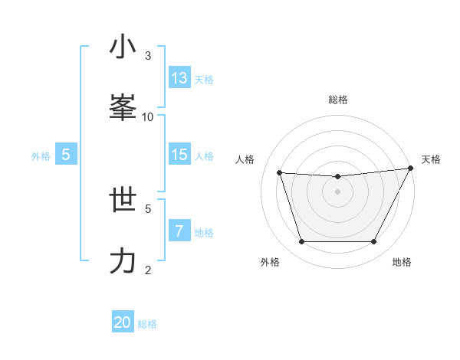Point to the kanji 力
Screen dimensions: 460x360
[123, 261]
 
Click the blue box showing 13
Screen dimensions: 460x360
[179, 78]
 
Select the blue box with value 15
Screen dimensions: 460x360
[179, 155]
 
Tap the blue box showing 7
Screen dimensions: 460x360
[179, 231]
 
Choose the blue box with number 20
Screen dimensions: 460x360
[123, 323]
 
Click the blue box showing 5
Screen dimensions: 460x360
[66, 155]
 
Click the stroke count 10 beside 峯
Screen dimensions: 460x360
[148, 116]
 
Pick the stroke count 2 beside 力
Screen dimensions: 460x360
[148, 270]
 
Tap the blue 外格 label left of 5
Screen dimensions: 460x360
[41, 155]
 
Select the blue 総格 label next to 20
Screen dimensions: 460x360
[147, 324]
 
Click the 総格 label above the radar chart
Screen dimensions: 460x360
[337, 100]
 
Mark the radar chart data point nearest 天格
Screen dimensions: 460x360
[411, 169]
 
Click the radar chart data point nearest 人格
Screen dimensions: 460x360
[280, 173]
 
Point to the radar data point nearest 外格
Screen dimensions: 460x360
[301, 242]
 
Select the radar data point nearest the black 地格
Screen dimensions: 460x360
[373, 242]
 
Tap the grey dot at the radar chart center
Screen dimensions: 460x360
[337, 191]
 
